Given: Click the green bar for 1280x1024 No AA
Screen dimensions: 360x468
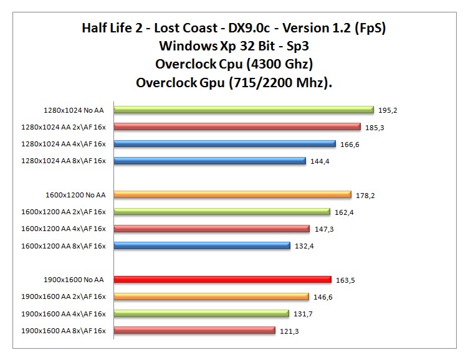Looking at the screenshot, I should pyautogui.click(x=243, y=110).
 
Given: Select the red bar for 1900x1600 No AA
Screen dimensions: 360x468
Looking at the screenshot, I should pyautogui.click(x=222, y=280).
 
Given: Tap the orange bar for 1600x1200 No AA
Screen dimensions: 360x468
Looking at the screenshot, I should pyautogui.click(x=232, y=194).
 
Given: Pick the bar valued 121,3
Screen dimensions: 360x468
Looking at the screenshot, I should pyautogui.click(x=194, y=331).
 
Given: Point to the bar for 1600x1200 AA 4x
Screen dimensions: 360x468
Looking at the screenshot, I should pyautogui.click(x=211, y=229).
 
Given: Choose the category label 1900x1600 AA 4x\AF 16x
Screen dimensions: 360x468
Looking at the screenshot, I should pyautogui.click(x=64, y=314).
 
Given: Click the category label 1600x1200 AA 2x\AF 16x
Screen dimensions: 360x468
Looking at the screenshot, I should pyautogui.click(x=64, y=212).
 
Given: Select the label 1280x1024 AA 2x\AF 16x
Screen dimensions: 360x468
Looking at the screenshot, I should pyautogui.click(x=64, y=127).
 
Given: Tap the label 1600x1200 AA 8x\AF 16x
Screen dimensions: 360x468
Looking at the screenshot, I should pyautogui.click(x=64, y=246).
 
